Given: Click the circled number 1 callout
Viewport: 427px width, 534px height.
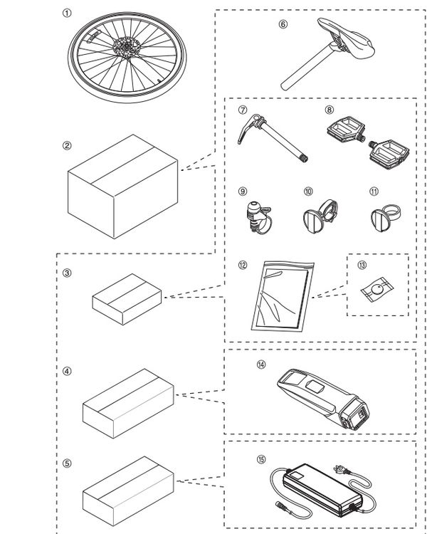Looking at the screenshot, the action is point(67,14).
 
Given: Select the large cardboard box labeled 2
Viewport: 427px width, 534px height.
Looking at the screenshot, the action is point(123,187).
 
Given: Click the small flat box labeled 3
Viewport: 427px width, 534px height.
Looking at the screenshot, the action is point(127,299).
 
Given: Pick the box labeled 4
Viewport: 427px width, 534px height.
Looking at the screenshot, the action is point(128,403).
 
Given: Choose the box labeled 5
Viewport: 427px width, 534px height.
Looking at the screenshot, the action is point(128,491).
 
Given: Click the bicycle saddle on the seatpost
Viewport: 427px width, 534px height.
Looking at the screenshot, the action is point(347,40).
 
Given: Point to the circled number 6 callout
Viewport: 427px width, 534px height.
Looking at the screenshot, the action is point(283,24).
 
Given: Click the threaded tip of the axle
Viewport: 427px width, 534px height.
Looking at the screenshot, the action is point(304,158).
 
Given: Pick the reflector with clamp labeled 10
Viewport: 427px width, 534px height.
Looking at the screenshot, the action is point(320,216).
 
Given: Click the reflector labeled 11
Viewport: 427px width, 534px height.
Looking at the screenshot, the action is point(385,218).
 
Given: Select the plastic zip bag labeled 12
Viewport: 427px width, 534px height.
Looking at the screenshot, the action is point(283,295).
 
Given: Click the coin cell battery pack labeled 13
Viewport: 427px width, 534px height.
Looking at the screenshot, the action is point(376,290).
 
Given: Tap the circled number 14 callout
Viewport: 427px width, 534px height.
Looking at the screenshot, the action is point(261,365).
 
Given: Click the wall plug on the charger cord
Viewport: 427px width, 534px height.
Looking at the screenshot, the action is point(342,471).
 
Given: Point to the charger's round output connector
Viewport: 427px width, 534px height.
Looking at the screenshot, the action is point(280,503).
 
